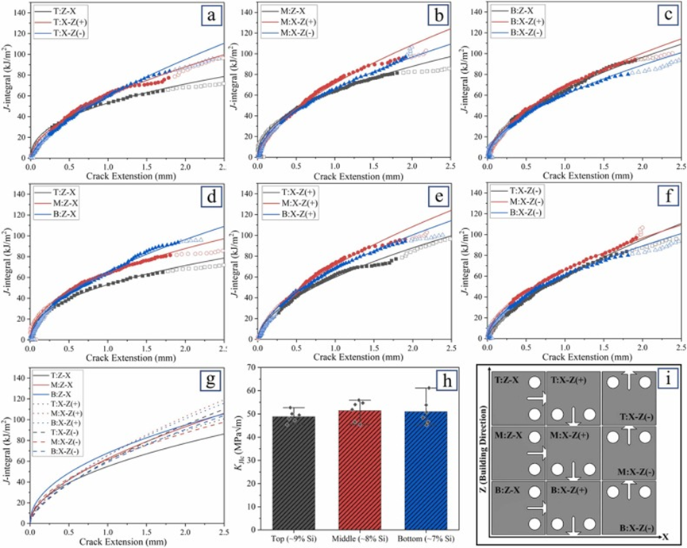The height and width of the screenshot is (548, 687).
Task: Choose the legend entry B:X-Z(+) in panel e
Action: point(300,214)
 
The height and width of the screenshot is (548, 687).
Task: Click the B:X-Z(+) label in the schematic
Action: point(569,491)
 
